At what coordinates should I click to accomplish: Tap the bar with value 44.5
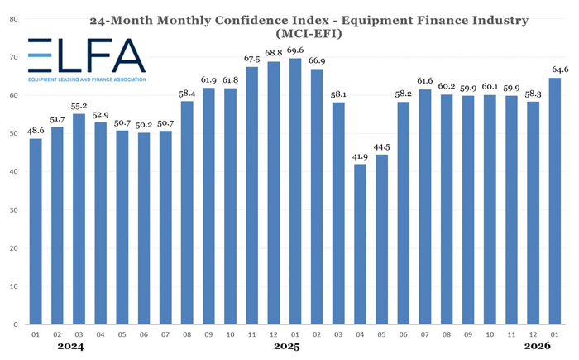(381, 240)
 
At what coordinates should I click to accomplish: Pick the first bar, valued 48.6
(36, 232)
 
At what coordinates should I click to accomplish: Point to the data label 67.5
(252, 57)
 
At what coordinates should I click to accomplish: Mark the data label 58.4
(187, 93)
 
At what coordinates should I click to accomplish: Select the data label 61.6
(425, 80)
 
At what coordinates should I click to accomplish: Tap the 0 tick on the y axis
(14, 325)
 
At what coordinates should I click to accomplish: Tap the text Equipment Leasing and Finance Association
(86, 79)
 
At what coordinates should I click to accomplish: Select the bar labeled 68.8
(274, 194)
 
